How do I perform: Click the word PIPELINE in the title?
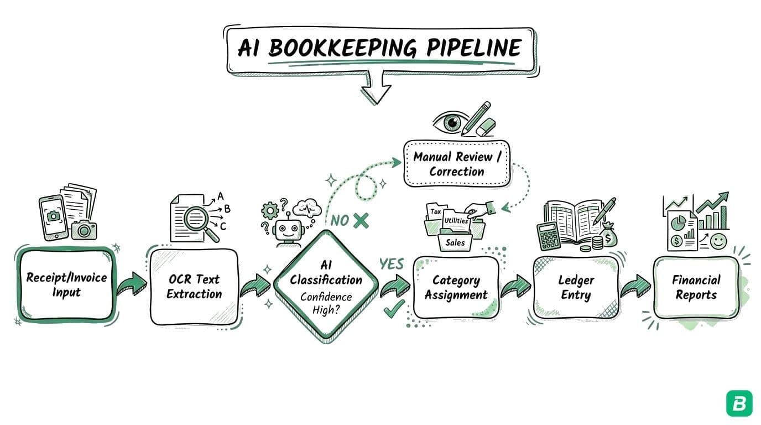click(473, 49)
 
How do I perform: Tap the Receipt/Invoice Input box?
click(66, 285)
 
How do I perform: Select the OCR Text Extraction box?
click(194, 286)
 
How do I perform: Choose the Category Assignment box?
click(456, 287)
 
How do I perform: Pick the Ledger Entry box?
click(576, 287)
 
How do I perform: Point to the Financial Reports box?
click(696, 287)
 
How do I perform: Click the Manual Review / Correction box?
click(457, 164)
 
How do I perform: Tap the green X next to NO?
click(361, 220)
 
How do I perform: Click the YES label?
click(392, 264)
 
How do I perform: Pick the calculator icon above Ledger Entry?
click(549, 236)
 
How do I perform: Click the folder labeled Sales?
click(455, 242)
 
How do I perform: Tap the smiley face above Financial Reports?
click(718, 241)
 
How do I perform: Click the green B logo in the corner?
click(739, 403)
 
